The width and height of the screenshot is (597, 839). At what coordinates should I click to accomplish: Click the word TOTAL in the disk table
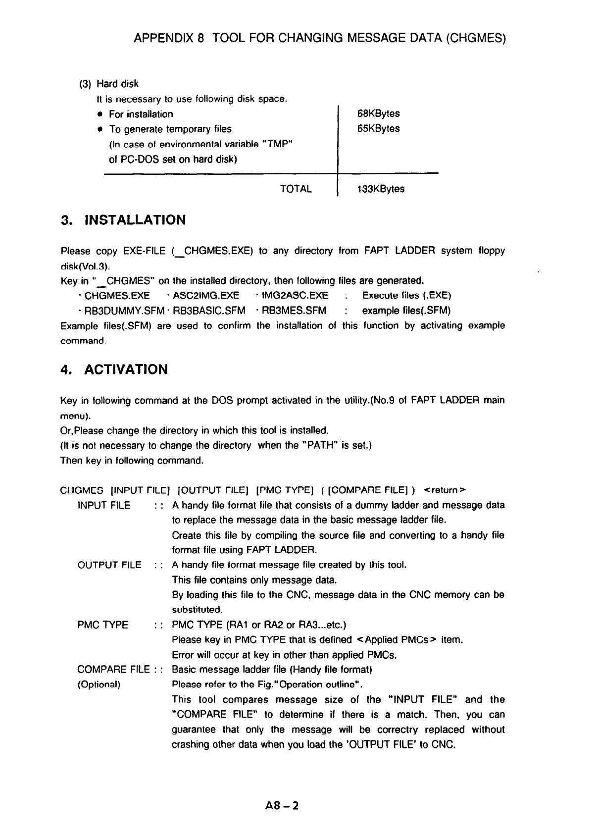coord(296,189)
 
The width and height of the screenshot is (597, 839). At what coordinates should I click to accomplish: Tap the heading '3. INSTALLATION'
coord(123,220)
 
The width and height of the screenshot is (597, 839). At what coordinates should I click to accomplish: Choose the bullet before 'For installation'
coord(99,114)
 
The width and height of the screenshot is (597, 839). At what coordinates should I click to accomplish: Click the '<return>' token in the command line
coord(445,490)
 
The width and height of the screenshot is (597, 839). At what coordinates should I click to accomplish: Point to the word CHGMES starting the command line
coord(81,490)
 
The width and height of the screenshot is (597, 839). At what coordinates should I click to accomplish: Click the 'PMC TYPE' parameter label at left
coord(102,625)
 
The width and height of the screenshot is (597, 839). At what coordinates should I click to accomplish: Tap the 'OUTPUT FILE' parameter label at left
coord(109,565)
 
